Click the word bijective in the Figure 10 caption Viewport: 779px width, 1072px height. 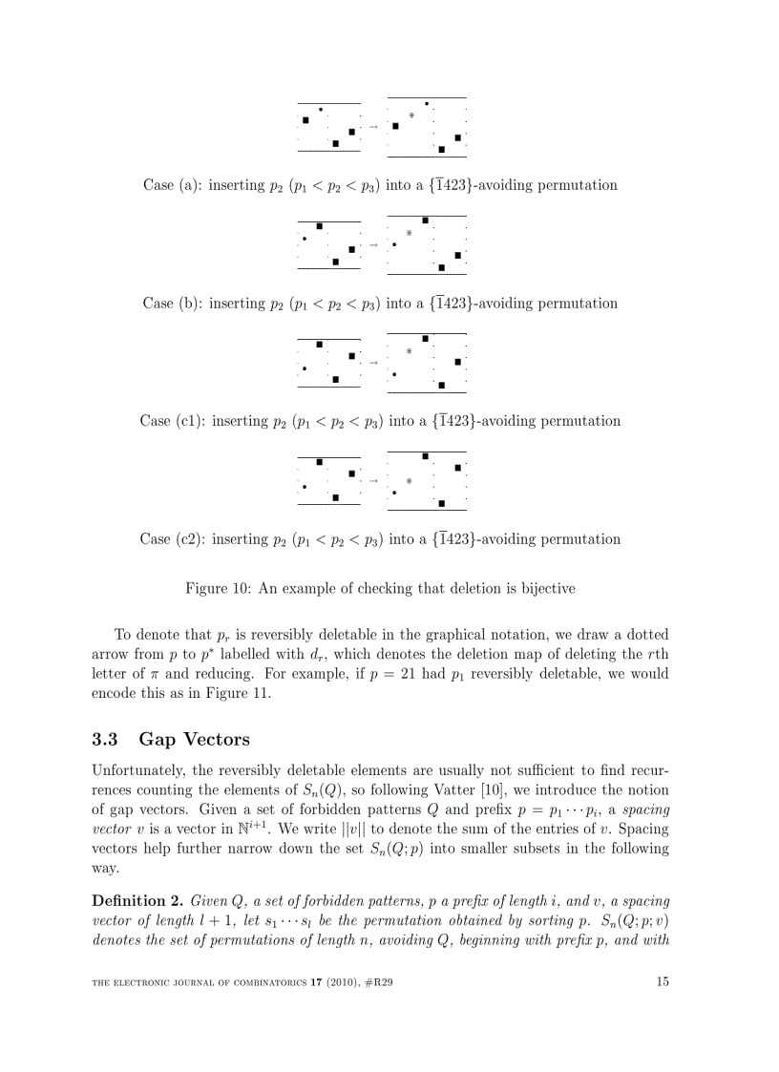(x=542, y=589)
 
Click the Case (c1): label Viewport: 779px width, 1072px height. (x=173, y=421)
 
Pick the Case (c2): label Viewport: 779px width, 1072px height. (x=173, y=539)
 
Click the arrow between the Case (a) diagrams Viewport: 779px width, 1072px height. (x=373, y=127)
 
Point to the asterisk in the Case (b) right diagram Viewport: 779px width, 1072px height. (x=410, y=233)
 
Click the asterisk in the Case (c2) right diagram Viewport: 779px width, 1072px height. (x=409, y=481)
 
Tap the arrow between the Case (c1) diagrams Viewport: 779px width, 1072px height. (x=373, y=363)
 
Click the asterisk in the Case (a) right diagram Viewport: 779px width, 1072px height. (x=411, y=116)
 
